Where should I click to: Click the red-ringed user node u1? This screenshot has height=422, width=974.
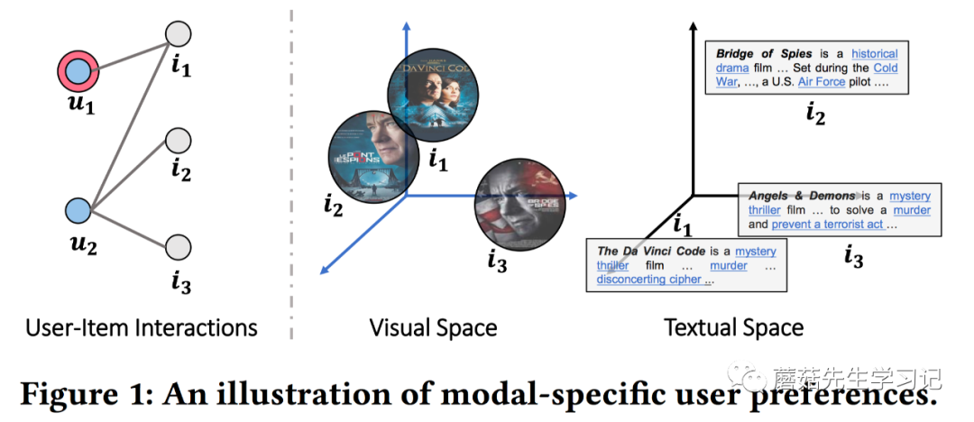pos(80,69)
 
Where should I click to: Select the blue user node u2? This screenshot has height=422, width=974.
pos(79,210)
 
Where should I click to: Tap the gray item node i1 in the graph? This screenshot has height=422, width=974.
pos(179,33)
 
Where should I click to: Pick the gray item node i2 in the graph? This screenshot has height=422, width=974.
pos(179,140)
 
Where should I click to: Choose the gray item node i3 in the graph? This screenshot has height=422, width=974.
pos(179,245)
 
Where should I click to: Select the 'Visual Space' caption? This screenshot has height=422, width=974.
pos(433,326)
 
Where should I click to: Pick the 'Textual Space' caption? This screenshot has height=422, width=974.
pos(734,326)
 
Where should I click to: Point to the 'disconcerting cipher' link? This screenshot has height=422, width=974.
pos(644,280)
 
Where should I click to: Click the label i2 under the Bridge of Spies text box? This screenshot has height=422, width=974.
pos(814,114)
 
